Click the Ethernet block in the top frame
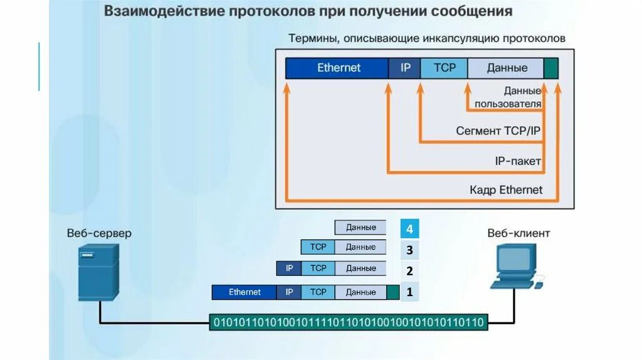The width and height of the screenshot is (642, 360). click(x=339, y=68)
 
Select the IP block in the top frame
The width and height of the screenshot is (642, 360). click(x=405, y=68)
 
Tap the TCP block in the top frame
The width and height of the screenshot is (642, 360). click(x=444, y=68)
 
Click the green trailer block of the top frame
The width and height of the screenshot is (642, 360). click(x=550, y=68)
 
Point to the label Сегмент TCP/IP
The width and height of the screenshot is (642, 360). click(x=498, y=132)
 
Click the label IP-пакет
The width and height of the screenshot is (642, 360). click(x=518, y=161)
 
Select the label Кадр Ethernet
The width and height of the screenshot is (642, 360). click(x=506, y=189)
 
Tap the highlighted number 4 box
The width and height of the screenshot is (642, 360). click(x=409, y=228)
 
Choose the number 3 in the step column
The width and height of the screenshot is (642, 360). click(x=409, y=250)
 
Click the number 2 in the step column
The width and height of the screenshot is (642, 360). click(x=409, y=271)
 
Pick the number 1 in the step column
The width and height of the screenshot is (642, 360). click(x=409, y=292)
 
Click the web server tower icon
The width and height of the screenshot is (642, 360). click(x=98, y=272)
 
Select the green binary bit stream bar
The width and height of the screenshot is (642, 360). click(x=349, y=322)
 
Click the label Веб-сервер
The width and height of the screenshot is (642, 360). click(x=99, y=233)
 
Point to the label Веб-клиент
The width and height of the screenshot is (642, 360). click(x=518, y=233)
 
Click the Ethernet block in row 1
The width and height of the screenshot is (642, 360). click(x=245, y=292)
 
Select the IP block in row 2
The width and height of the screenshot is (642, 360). click(x=289, y=268)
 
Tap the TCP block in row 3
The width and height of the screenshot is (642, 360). click(x=318, y=247)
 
